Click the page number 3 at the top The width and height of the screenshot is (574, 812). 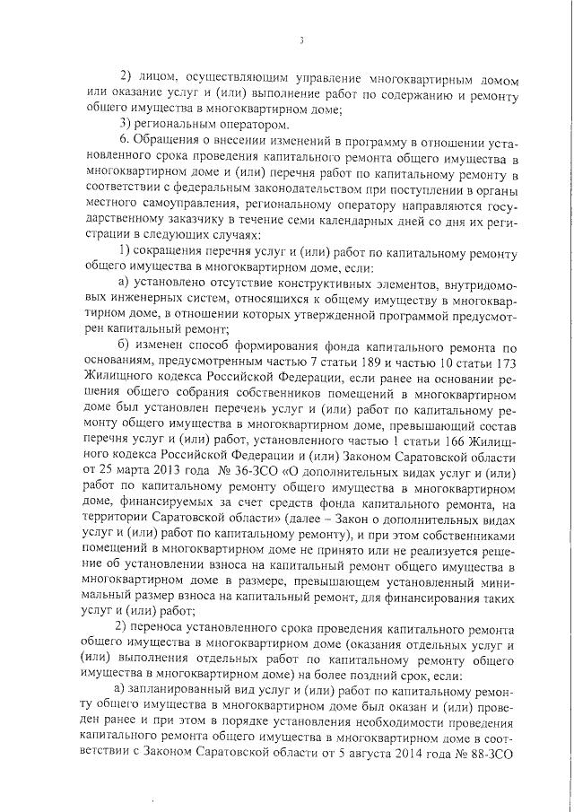pos(302,39)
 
